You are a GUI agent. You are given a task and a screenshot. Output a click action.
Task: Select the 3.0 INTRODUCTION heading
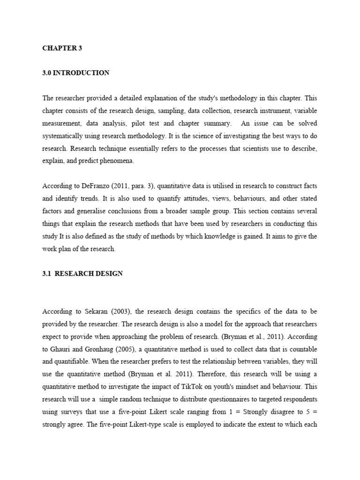coord(76,73)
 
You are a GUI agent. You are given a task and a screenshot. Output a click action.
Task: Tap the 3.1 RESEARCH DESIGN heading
coord(82,273)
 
